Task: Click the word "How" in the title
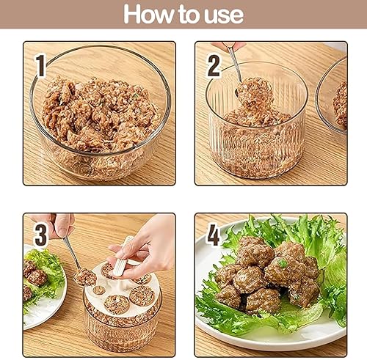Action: [x=149, y=14]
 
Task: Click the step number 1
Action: [x=41, y=65]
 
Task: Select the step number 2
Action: [x=214, y=65]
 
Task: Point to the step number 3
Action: [x=40, y=235]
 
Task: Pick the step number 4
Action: [x=214, y=235]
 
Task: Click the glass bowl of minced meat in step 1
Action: [x=100, y=112]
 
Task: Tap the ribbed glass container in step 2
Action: [x=256, y=120]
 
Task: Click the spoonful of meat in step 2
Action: [x=255, y=92]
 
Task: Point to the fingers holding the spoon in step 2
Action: [x=229, y=45]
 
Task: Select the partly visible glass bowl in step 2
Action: [x=332, y=97]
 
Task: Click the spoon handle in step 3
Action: [x=71, y=252]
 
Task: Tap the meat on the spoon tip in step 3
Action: [x=85, y=277]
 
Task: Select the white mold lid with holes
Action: [x=123, y=290]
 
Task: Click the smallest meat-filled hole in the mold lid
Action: [x=99, y=290]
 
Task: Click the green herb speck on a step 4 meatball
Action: [x=283, y=263]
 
